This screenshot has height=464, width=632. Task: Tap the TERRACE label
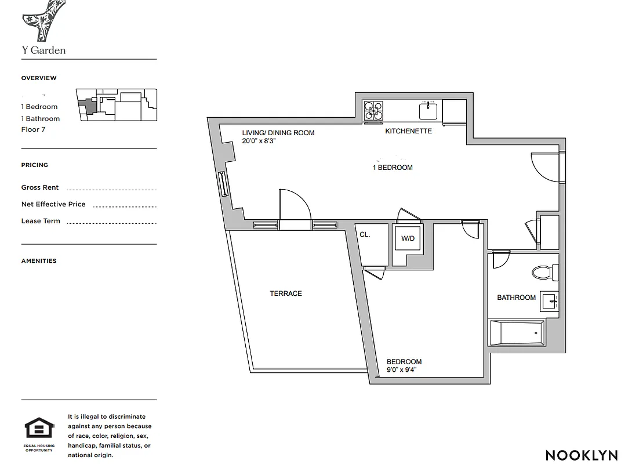(286, 293)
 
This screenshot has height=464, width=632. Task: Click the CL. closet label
(365, 235)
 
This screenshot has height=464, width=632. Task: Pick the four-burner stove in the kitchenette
(373, 110)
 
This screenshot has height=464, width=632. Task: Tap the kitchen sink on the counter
(430, 110)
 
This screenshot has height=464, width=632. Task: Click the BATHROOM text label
(516, 298)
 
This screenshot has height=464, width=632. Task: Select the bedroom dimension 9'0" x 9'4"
(402, 369)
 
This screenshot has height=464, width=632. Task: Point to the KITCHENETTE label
(409, 131)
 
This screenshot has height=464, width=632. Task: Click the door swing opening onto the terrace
(295, 206)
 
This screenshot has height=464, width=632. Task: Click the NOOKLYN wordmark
(581, 455)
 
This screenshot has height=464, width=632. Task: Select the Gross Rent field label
(40, 187)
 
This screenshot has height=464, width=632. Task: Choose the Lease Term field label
(41, 221)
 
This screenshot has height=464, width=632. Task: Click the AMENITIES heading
(39, 261)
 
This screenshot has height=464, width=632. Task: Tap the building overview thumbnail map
(117, 104)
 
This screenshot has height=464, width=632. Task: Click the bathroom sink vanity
(549, 300)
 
